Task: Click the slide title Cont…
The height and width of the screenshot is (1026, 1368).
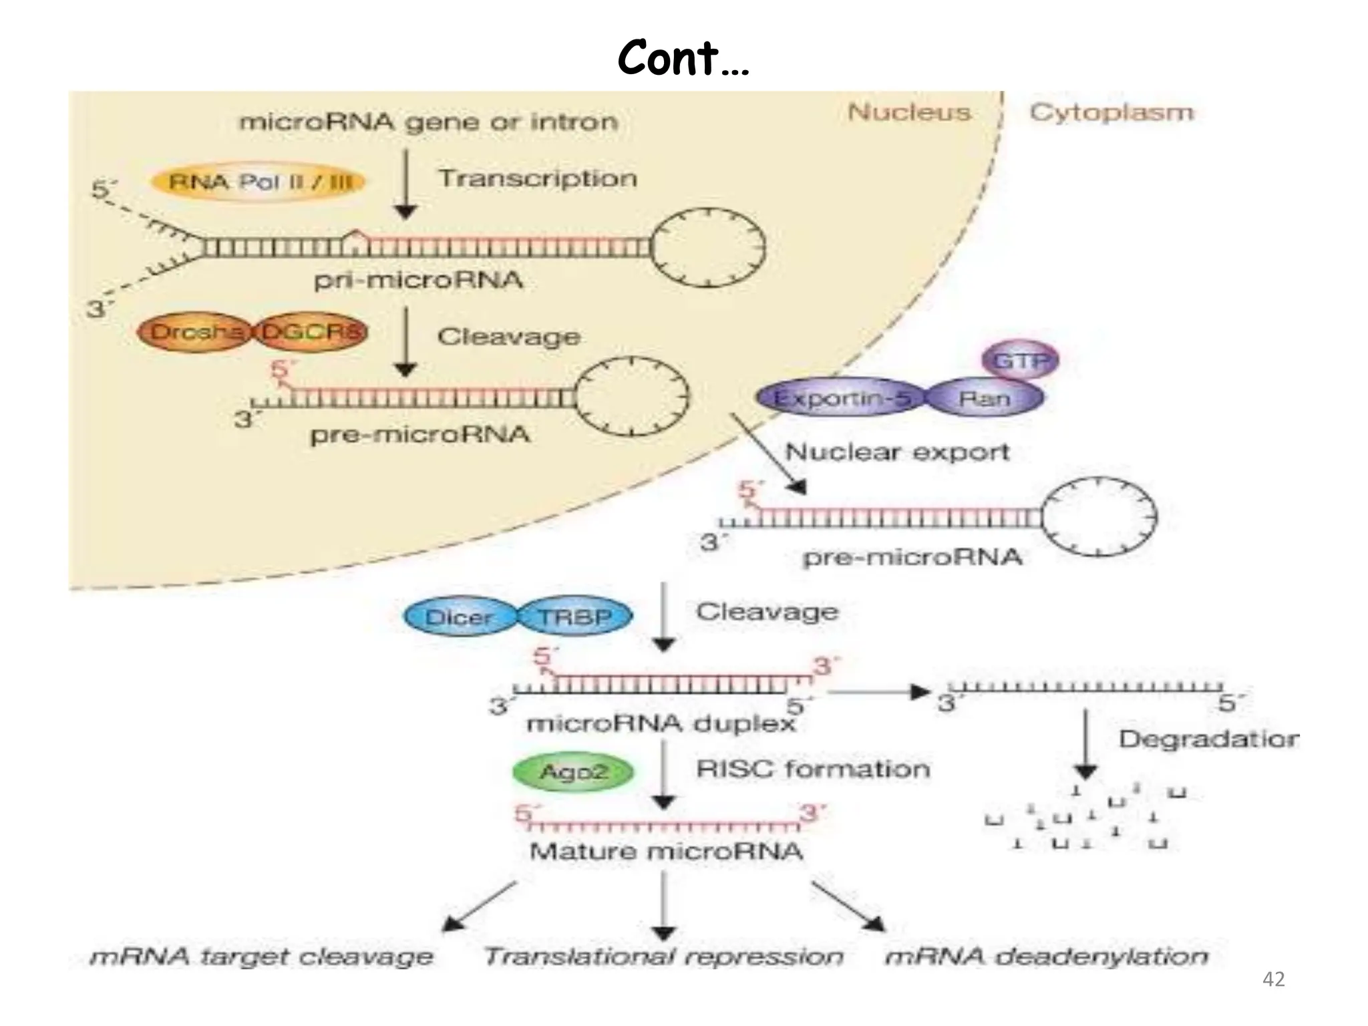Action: coord(683,59)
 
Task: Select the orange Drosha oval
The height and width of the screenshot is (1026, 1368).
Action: coord(195,332)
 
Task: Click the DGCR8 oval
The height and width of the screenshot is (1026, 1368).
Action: coord(311,332)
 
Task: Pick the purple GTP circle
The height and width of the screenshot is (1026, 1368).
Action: coord(1020,361)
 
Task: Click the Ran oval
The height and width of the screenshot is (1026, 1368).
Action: coord(984,399)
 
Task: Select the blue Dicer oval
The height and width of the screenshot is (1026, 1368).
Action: coord(460,617)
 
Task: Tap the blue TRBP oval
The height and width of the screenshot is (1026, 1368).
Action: coord(574,617)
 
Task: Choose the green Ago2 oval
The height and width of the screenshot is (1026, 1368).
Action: coord(573,772)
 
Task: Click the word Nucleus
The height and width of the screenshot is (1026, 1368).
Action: coord(909,112)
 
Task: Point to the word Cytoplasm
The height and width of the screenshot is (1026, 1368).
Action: coord(1111,112)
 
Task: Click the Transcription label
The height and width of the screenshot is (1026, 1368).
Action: coord(538,178)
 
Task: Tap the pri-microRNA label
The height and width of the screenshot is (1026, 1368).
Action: coord(419,280)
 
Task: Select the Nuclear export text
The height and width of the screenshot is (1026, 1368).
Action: coord(897,452)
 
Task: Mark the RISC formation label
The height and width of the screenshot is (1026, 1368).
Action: coord(813,769)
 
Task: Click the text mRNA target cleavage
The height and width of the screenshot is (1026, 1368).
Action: coord(262,957)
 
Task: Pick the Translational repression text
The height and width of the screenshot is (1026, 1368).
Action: coord(663,957)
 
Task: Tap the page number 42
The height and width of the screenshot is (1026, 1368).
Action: coord(1274,979)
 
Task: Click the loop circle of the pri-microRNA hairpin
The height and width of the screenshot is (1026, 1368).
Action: coord(708,247)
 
